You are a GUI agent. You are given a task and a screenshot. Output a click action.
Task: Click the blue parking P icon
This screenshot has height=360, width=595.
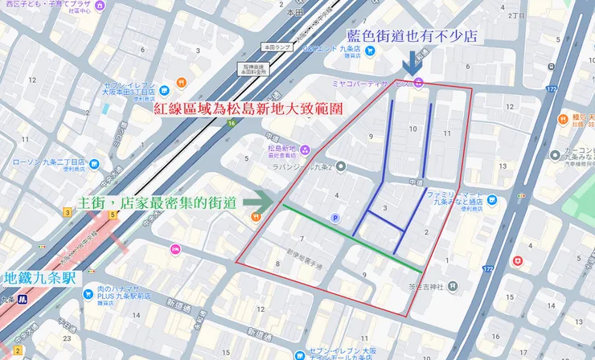tap(335, 218)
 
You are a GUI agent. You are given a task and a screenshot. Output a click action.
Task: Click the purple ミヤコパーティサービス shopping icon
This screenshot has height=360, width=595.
tap(417, 83)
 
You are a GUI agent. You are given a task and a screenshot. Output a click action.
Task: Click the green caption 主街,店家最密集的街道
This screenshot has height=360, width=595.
tap(155, 202)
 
